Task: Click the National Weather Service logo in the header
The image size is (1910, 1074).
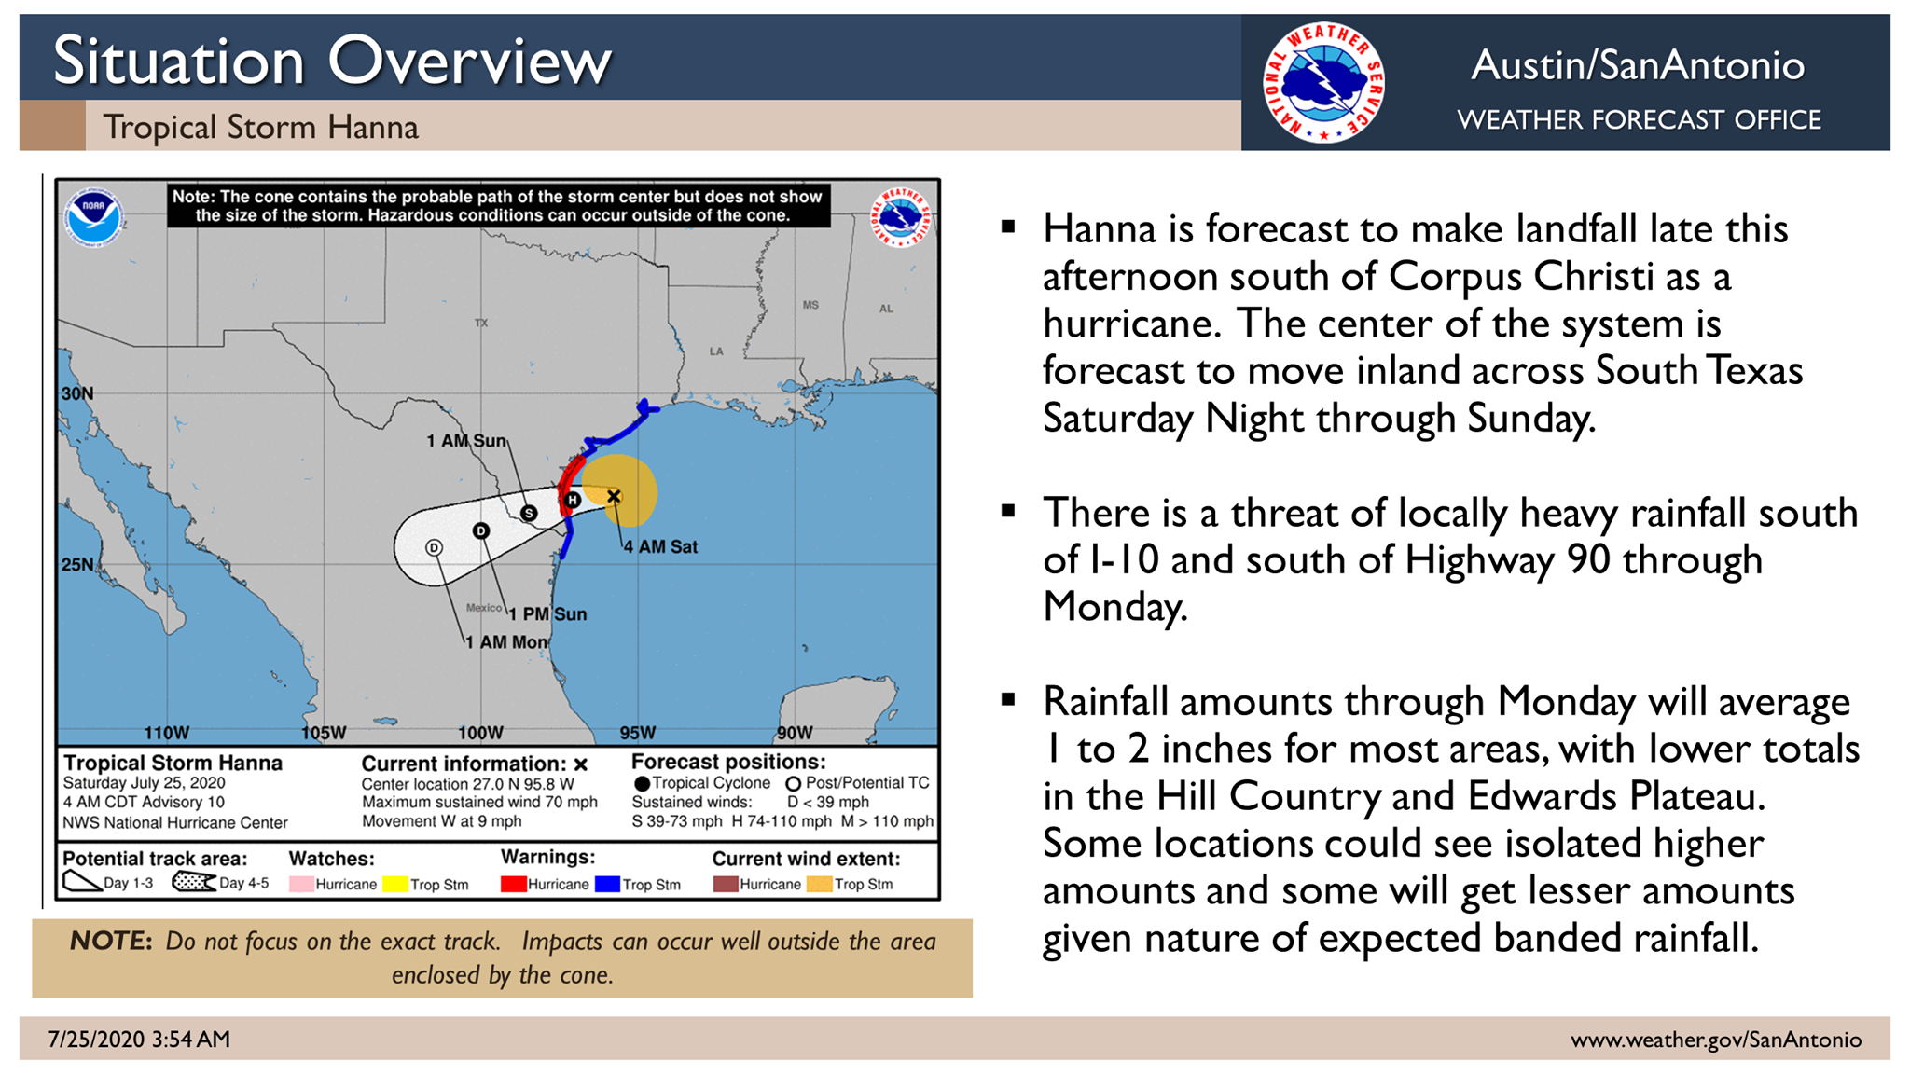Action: click(x=1323, y=83)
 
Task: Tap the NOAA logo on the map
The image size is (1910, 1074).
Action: click(x=93, y=216)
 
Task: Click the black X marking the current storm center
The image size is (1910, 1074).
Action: click(x=614, y=496)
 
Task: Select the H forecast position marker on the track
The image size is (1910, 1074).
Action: click(x=573, y=501)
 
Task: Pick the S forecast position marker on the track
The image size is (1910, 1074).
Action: click(x=529, y=513)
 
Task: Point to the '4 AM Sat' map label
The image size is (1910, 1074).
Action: click(x=660, y=547)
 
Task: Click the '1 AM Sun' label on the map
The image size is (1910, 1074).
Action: click(x=466, y=441)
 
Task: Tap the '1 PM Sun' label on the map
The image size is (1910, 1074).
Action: click(x=547, y=614)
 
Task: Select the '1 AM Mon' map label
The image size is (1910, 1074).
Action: click(x=506, y=642)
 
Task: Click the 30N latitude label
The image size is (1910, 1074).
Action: click(x=77, y=393)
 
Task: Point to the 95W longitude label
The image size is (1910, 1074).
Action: click(x=638, y=733)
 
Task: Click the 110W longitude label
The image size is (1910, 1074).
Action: click(x=167, y=733)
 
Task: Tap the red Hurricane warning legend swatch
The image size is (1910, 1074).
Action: click(x=513, y=884)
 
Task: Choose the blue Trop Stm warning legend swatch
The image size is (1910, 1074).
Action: click(x=607, y=884)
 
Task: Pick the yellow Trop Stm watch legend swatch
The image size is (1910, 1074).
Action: click(x=395, y=884)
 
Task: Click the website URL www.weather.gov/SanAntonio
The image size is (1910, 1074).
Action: click(x=1716, y=1040)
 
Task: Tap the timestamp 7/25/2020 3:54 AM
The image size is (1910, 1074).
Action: click(x=139, y=1040)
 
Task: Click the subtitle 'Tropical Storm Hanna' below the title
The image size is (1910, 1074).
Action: click(x=260, y=127)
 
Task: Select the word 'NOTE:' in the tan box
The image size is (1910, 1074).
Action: click(x=111, y=941)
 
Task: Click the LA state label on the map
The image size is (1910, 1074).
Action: click(x=716, y=351)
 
